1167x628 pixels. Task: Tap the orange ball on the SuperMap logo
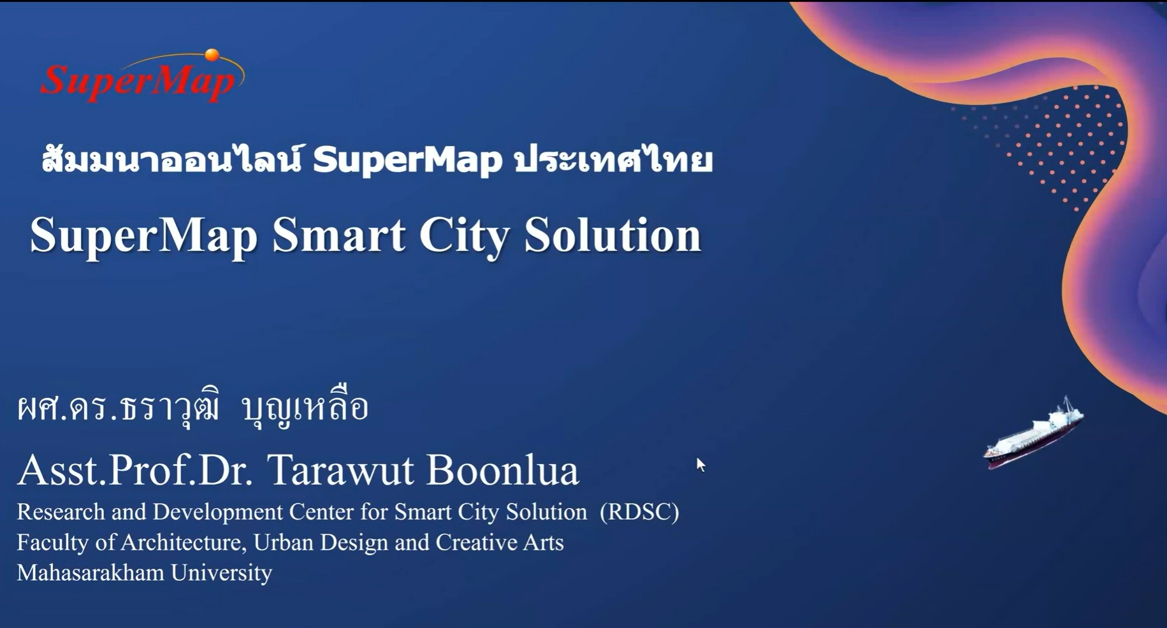tap(212, 55)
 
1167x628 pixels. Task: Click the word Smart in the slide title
tap(338, 236)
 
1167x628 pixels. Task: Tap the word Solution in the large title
tap(612, 236)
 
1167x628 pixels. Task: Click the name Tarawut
tap(340, 471)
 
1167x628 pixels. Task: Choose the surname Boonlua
tap(502, 471)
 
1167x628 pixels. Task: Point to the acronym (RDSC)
tap(639, 512)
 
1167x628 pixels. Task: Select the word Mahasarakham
tap(91, 573)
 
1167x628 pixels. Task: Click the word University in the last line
tap(221, 573)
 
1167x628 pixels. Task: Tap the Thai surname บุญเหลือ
tap(305, 407)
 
